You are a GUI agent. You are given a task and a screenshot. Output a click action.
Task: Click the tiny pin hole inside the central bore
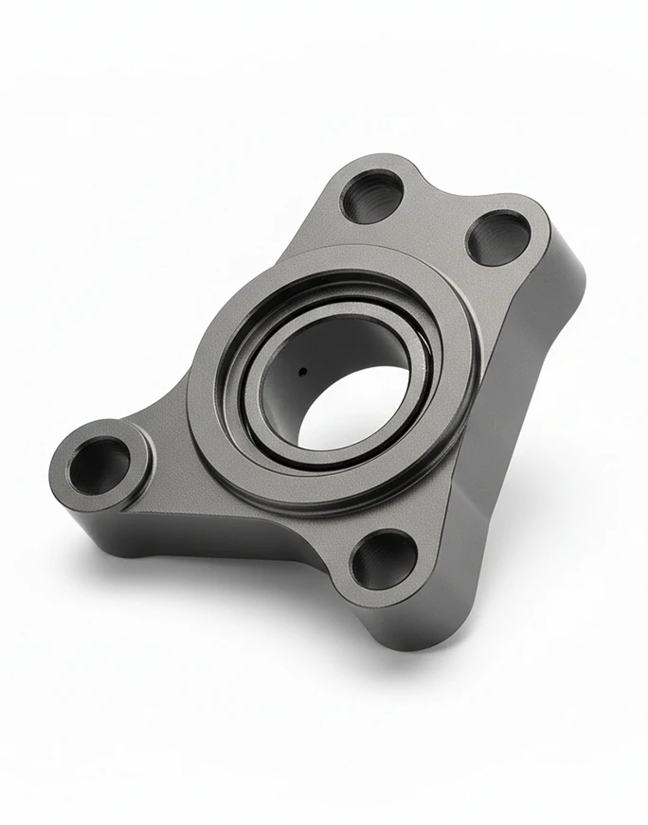click(302, 372)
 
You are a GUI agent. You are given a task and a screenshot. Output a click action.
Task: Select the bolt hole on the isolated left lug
click(99, 466)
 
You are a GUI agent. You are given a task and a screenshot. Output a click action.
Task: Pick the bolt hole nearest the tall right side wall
click(498, 237)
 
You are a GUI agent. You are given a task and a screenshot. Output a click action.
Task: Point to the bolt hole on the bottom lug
click(384, 559)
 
